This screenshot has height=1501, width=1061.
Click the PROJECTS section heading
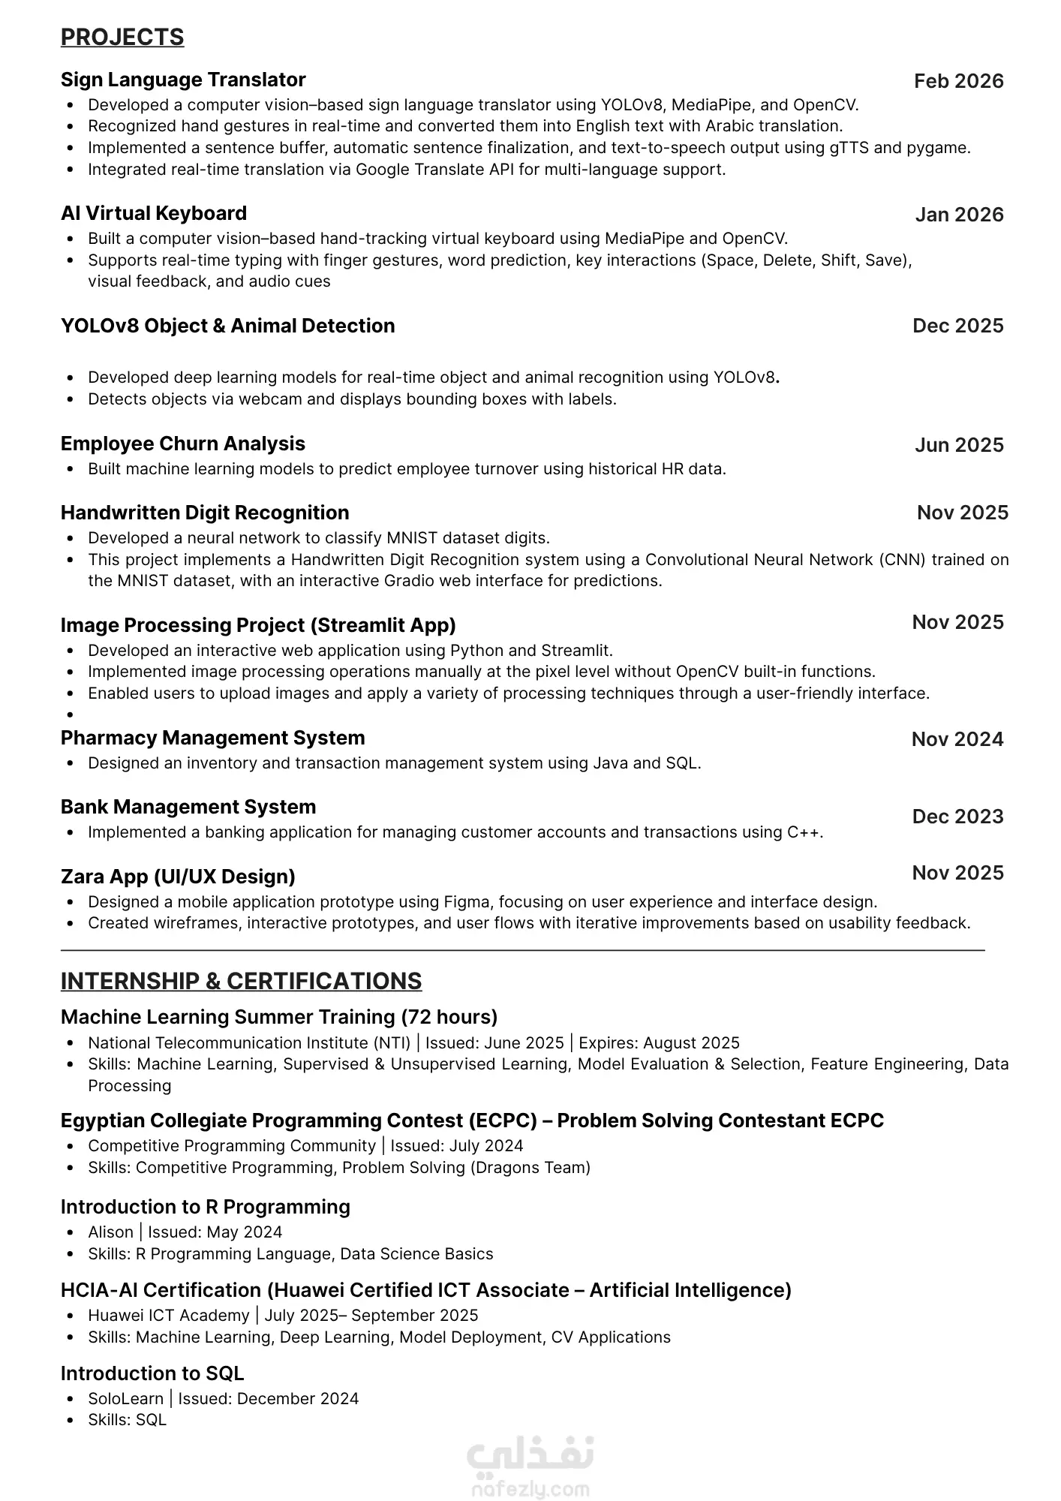point(122,38)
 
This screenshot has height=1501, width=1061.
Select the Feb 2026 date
point(958,81)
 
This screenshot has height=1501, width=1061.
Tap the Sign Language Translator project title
point(183,80)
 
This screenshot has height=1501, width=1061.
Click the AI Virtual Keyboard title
point(154,213)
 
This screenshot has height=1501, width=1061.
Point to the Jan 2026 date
point(959,215)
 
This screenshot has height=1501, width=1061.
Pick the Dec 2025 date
point(957,326)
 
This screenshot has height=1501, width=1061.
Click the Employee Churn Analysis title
point(183,444)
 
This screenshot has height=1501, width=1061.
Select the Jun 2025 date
point(959,445)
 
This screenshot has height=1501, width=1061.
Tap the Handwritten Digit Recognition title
point(205,513)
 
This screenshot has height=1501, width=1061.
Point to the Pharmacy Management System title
point(213,738)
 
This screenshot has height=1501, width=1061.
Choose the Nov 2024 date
point(957,739)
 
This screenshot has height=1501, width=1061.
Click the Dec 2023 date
point(957,817)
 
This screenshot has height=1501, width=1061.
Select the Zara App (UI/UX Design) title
point(178,877)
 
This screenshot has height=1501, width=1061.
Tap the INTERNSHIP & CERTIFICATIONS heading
point(241,982)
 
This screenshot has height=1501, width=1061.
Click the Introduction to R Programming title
point(206,1207)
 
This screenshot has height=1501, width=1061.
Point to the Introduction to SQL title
point(152,1373)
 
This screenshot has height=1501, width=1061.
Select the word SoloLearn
point(125,1398)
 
